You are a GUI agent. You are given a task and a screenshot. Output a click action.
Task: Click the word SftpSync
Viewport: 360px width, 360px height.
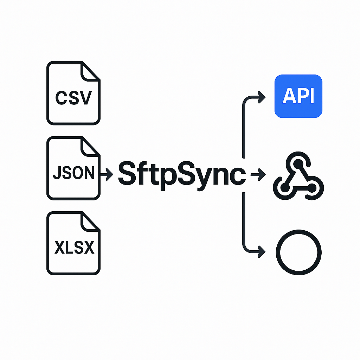pos(181,173)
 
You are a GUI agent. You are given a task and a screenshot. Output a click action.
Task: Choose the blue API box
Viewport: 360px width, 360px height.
pos(298,96)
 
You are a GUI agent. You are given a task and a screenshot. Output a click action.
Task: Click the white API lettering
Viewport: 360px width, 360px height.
pos(298,96)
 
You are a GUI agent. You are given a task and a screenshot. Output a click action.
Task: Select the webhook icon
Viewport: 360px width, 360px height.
pos(298,178)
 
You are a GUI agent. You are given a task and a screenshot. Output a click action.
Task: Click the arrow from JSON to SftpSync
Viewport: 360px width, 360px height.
pos(106,173)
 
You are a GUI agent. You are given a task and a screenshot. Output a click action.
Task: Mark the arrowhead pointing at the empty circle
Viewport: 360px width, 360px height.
pos(262,251)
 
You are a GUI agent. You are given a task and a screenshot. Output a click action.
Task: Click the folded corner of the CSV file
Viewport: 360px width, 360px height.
pos(90,71)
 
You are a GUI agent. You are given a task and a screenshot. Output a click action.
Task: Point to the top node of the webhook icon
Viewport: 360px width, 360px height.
pos(298,163)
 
